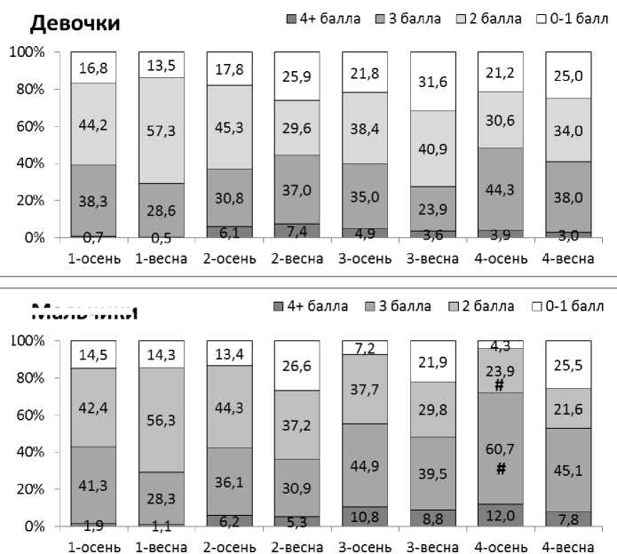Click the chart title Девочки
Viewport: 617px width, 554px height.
(75, 22)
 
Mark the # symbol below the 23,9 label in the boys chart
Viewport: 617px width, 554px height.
(501, 386)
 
